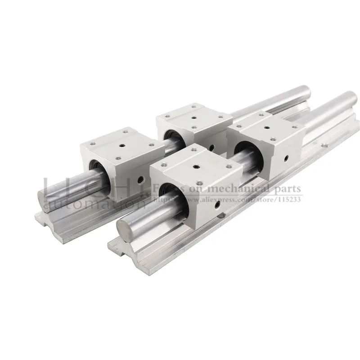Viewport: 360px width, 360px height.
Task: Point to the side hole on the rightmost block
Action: pos(287,157)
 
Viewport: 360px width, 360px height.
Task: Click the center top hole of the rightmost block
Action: pos(261,128)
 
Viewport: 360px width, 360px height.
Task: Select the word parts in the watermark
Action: pos(288,189)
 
